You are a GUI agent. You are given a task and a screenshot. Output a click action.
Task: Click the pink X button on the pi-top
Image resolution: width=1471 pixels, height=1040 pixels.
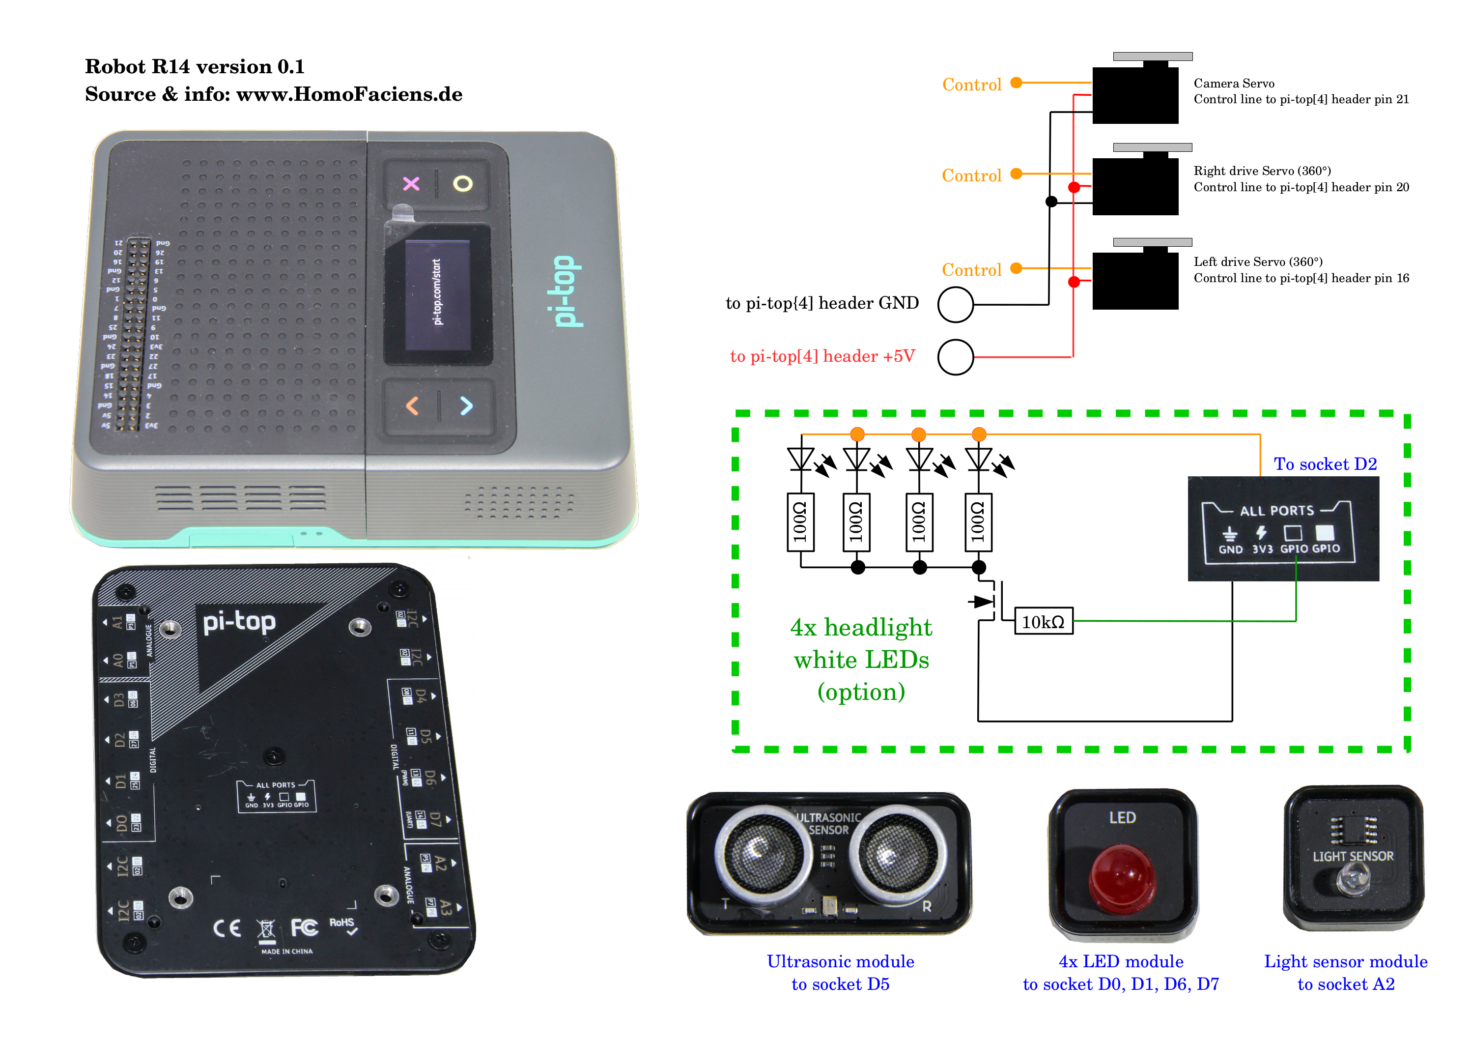[x=411, y=184]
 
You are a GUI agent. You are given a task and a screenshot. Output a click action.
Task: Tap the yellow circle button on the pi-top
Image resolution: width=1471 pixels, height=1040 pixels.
[x=462, y=184]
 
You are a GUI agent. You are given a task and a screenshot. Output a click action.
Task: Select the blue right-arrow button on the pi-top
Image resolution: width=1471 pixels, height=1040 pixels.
[x=466, y=405]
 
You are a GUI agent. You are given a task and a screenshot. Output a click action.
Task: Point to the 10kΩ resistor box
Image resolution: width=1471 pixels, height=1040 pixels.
[x=1043, y=622]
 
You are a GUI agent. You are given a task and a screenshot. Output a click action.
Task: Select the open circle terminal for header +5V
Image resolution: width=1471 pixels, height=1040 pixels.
[x=955, y=357]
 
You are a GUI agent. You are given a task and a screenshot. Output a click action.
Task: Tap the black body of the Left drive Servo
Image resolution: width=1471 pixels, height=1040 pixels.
[x=1134, y=281]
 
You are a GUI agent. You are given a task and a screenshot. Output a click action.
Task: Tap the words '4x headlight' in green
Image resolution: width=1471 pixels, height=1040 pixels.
[x=861, y=627]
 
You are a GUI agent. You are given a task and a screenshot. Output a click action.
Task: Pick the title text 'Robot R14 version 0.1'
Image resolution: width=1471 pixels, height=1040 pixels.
[x=195, y=67]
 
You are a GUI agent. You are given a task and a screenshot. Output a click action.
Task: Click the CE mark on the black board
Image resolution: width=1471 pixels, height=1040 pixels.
[x=227, y=928]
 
